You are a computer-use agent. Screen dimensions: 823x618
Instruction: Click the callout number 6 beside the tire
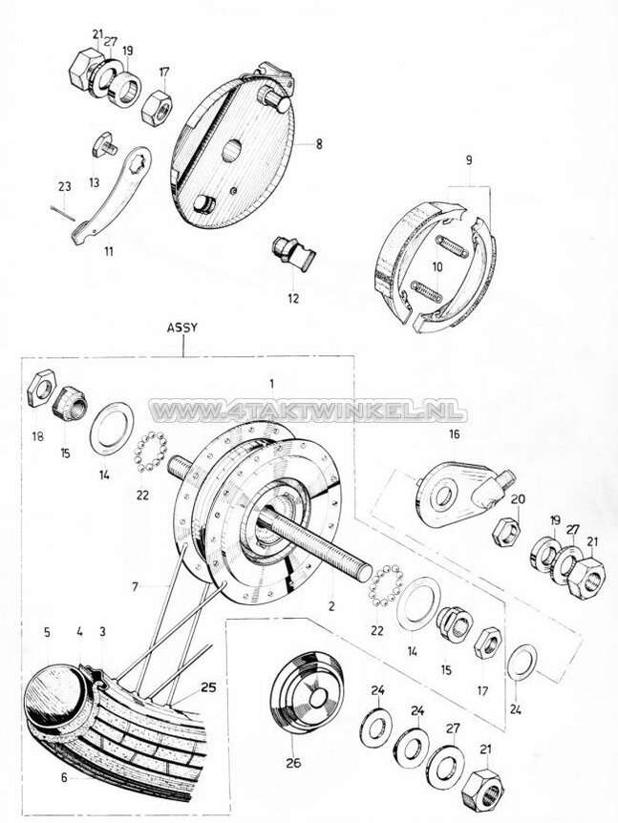pos(64,777)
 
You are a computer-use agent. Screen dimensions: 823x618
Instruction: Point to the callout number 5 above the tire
pos(46,631)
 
